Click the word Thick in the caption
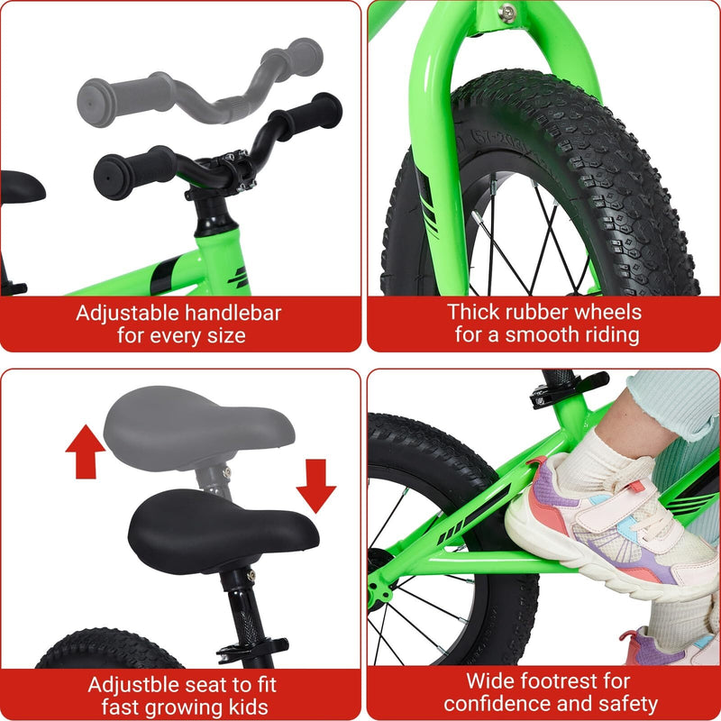(x=473, y=313)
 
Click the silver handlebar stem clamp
(x=239, y=171)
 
